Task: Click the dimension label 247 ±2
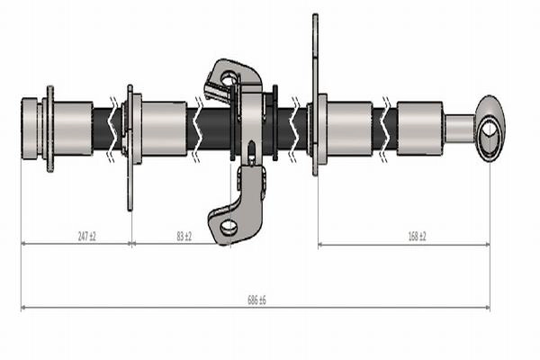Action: [86, 237]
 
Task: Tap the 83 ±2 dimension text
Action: [184, 237]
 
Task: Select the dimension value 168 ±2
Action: [417, 237]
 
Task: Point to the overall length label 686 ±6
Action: [256, 300]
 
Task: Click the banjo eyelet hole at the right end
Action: [490, 130]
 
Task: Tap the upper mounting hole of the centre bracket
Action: [229, 78]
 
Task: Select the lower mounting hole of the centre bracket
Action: [229, 227]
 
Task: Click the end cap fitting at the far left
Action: [30, 129]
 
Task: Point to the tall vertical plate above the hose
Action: [315, 94]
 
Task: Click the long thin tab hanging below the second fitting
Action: [130, 186]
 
